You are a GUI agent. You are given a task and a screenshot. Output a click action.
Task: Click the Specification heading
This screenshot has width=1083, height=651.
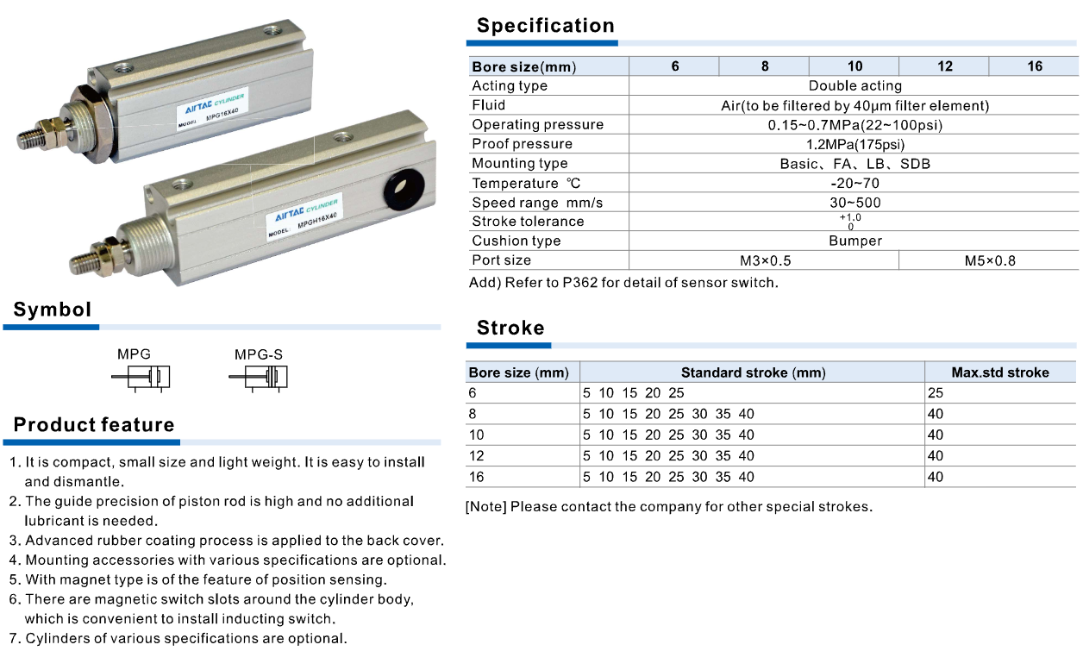point(545,26)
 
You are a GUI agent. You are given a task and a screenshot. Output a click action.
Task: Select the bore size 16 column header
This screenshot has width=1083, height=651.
point(1034,66)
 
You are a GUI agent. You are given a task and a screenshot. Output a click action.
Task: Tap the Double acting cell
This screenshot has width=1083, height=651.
point(855,86)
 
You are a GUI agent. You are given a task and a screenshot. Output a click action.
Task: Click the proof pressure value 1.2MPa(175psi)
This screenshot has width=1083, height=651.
point(855,144)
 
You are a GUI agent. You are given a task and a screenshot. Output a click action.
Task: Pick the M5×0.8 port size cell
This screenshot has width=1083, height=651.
point(989,260)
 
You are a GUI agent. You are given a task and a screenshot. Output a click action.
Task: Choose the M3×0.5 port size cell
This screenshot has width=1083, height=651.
point(764,260)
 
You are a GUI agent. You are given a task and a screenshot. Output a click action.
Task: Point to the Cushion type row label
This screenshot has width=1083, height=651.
point(516,241)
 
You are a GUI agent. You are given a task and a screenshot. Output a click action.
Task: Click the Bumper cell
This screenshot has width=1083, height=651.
point(855,241)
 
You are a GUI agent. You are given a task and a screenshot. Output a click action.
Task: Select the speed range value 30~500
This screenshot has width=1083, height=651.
point(855,203)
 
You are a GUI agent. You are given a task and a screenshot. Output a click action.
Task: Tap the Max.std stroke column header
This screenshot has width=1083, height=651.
point(1000,372)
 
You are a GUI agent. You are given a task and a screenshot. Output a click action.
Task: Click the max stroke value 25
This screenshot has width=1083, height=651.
point(936,393)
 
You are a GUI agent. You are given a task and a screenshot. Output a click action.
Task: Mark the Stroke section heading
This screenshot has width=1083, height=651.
point(510,329)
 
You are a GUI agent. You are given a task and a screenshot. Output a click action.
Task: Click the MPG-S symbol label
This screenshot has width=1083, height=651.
point(258,354)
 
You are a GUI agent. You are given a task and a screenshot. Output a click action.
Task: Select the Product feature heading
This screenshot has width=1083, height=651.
point(94,425)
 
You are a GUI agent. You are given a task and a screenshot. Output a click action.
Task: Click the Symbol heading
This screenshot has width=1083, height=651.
point(52,310)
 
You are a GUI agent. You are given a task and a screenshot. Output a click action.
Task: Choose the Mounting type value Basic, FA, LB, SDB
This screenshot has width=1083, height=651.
point(855,164)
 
